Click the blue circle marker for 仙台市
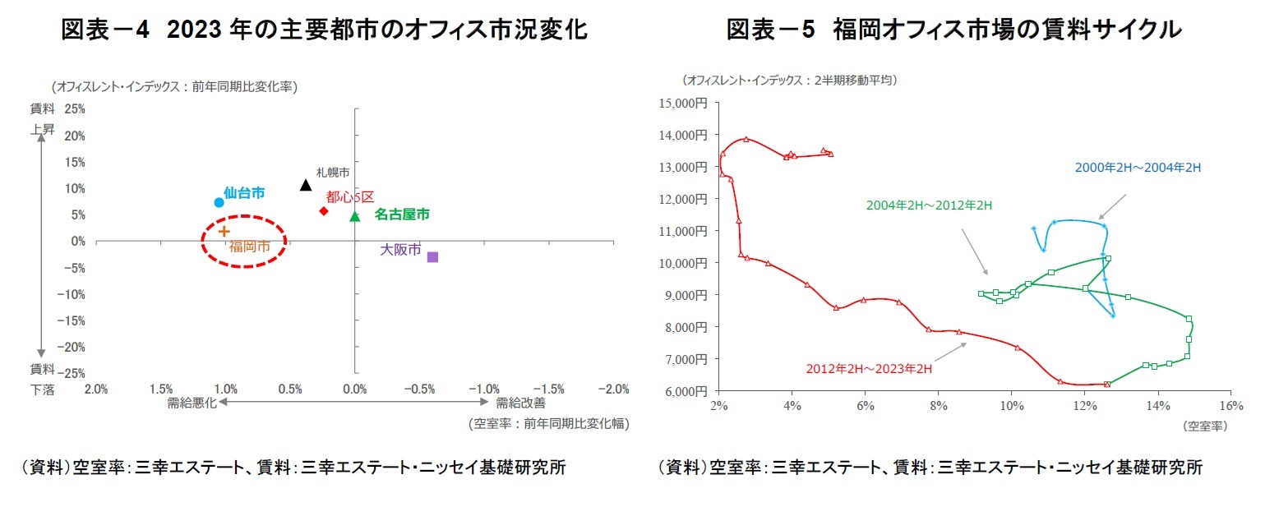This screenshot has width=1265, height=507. click(x=219, y=202)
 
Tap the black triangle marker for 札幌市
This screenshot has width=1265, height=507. click(x=306, y=185)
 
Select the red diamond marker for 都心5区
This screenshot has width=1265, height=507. click(x=324, y=211)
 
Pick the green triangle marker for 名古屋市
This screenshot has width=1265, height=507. click(x=354, y=216)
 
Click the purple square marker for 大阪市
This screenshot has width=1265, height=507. click(x=432, y=257)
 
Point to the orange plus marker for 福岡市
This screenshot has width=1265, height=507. click(x=224, y=232)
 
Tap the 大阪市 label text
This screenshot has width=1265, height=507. click(x=400, y=249)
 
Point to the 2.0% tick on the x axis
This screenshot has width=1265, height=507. click(x=96, y=389)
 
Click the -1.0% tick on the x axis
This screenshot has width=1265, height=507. click(x=484, y=389)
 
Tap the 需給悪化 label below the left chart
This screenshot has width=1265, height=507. click(x=191, y=403)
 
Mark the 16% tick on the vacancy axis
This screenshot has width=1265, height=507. click(x=1230, y=406)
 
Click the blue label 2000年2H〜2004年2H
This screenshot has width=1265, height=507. click(x=1138, y=168)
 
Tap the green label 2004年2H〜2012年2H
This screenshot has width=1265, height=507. click(x=929, y=205)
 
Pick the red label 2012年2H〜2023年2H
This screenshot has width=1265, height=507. click(x=869, y=368)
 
